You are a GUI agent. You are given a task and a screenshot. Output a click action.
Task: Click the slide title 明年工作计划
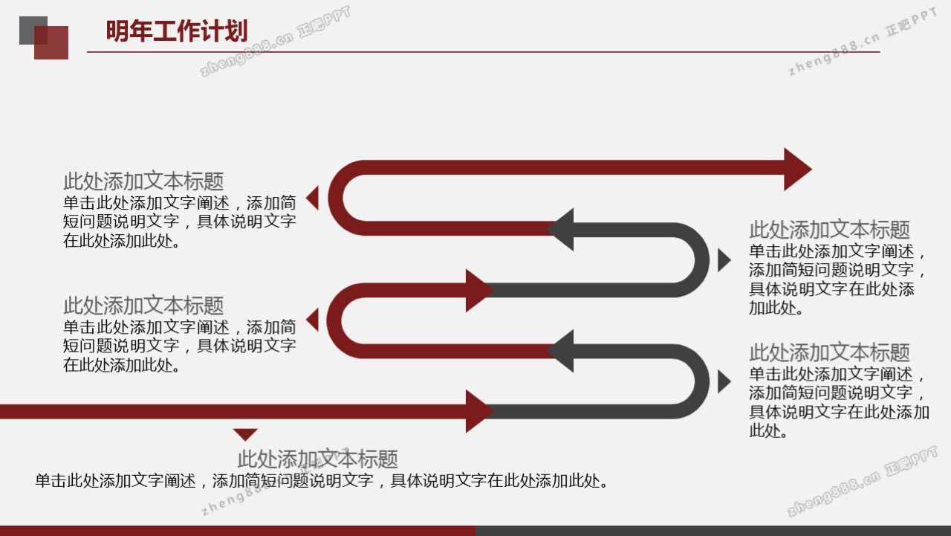click(177, 30)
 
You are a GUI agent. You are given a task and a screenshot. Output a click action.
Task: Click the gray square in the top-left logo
click(33, 30)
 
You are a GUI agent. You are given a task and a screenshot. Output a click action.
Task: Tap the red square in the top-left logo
click(51, 42)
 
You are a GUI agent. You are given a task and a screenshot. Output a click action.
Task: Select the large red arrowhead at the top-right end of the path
click(798, 169)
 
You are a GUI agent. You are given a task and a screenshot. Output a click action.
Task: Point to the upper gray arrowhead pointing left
click(560, 230)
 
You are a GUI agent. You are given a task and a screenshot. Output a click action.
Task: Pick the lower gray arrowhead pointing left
click(560, 351)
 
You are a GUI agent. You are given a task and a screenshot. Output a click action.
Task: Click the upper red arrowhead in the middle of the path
click(480, 291)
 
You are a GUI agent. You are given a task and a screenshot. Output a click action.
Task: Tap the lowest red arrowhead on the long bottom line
click(480, 411)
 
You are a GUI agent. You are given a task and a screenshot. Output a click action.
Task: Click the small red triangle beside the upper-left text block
click(312, 198)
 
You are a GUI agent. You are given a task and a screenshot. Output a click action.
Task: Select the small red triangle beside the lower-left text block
click(312, 320)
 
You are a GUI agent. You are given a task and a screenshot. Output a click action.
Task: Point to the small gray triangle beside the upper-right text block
click(724, 260)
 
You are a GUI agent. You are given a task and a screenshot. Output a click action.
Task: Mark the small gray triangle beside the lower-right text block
click(724, 381)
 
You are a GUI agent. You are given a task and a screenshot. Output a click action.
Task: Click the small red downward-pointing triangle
click(245, 434)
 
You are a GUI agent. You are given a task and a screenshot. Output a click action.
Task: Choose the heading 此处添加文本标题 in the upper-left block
click(143, 181)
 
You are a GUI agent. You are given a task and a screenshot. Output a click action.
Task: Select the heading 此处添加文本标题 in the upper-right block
click(829, 230)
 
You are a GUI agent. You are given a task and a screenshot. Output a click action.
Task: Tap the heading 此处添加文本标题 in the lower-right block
click(829, 352)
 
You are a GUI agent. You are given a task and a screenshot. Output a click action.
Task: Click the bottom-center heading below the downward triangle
click(317, 459)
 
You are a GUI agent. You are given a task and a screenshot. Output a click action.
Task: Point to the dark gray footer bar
click(713, 531)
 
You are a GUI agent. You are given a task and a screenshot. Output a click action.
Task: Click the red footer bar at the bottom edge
click(238, 531)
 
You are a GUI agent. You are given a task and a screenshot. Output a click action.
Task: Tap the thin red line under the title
click(484, 52)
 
